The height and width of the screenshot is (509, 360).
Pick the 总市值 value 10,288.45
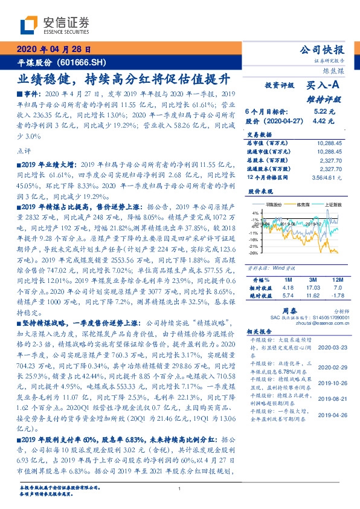[x=329, y=143]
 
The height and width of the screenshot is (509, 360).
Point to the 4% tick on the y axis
[x=255, y=213]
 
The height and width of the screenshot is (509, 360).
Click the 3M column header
[x=312, y=280]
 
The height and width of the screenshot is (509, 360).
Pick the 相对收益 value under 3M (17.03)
[x=312, y=288]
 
